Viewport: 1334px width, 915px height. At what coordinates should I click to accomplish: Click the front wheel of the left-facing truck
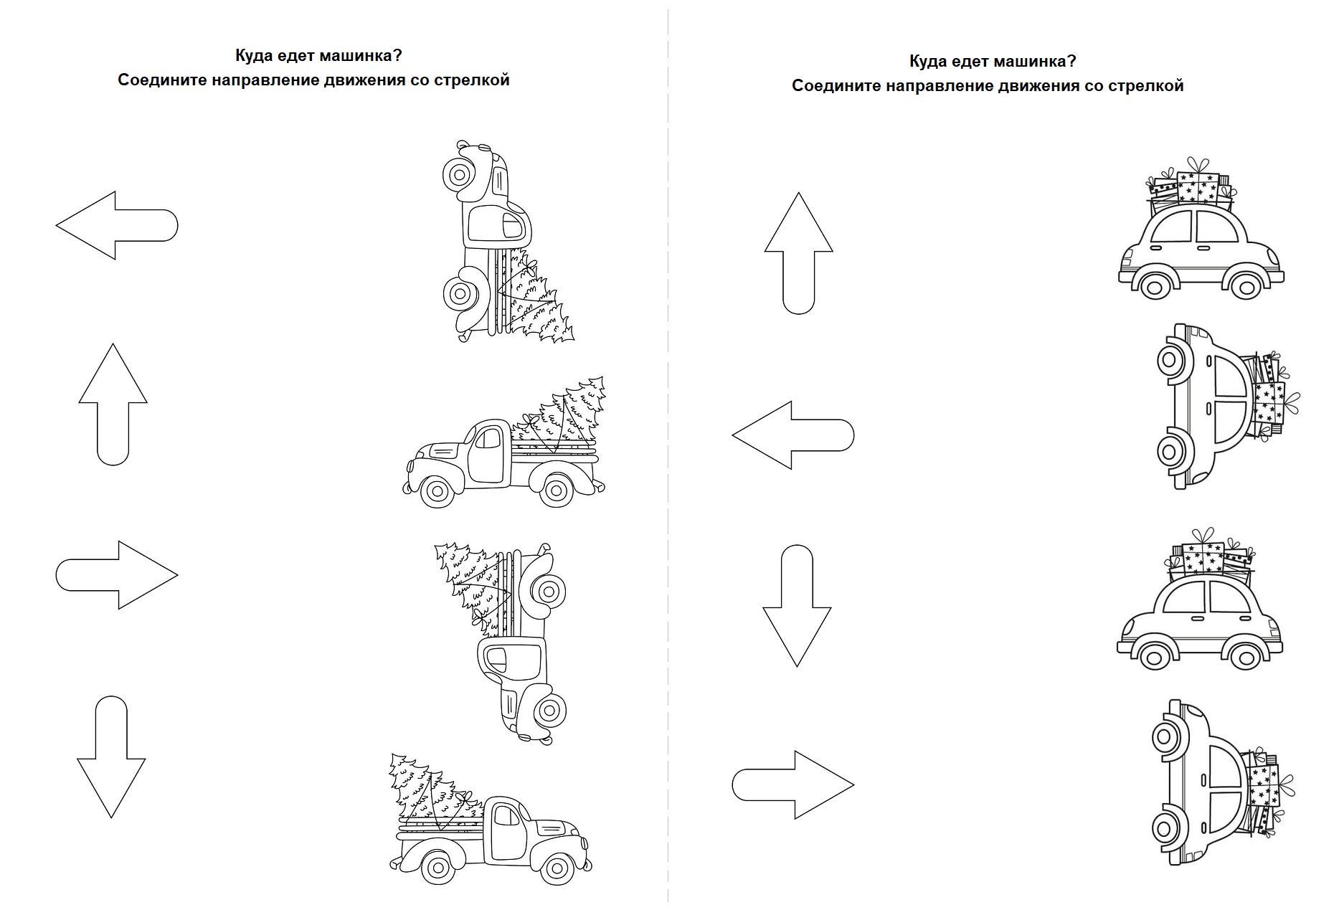coord(436,491)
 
